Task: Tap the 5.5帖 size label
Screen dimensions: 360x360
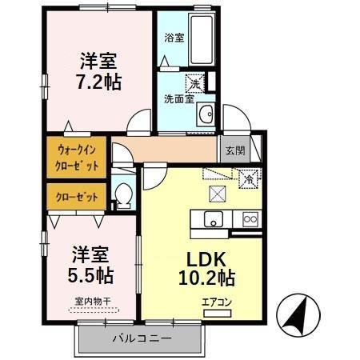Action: [90, 276]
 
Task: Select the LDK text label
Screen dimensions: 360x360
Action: [209, 259]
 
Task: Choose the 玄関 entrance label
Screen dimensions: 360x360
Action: [234, 149]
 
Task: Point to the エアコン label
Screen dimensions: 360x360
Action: [217, 302]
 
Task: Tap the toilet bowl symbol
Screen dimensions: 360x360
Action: [124, 194]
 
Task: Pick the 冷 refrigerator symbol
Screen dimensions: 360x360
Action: [249, 181]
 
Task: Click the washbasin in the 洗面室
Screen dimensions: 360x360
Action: [205, 111]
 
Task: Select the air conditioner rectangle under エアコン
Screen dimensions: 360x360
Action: [217, 314]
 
